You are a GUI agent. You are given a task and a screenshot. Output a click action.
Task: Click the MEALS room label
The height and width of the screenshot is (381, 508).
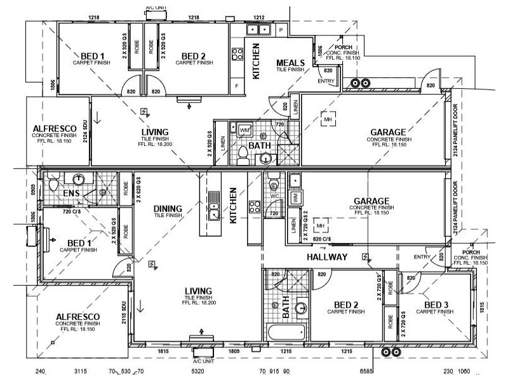[290, 62]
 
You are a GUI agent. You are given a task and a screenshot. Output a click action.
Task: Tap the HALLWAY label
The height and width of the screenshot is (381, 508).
[327, 257]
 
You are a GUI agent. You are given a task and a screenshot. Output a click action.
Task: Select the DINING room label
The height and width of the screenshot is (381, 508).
[168, 208]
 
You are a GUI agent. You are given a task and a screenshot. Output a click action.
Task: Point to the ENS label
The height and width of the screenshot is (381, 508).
[70, 193]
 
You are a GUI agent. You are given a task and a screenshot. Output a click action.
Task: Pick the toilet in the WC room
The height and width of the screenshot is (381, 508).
[274, 184]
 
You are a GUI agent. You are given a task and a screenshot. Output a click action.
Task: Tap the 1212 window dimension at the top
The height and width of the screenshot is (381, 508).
[258, 17]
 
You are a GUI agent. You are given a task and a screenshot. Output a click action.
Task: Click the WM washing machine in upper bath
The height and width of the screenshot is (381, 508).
[244, 130]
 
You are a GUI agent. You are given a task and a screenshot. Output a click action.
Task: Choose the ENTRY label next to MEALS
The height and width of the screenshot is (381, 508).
[326, 81]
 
